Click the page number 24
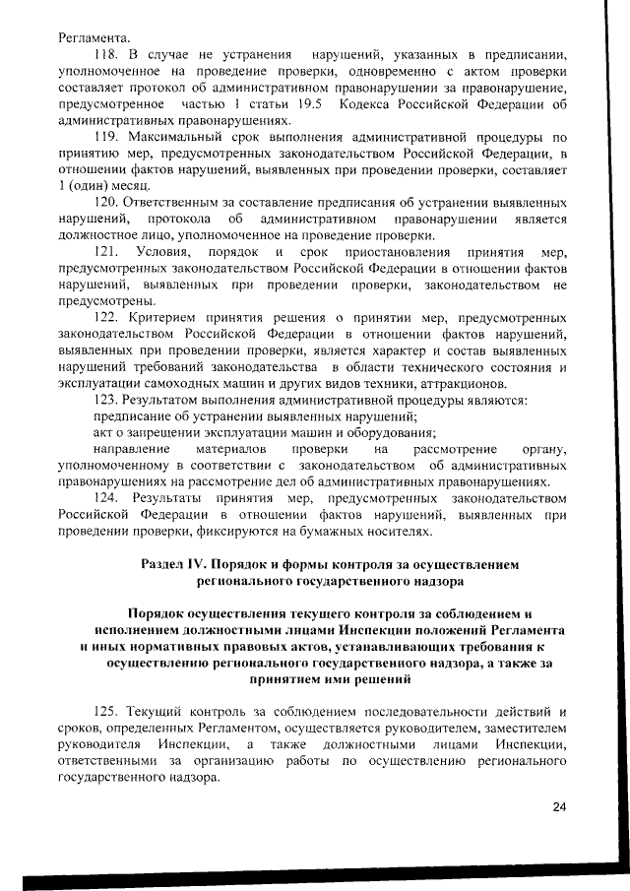[559, 807]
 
